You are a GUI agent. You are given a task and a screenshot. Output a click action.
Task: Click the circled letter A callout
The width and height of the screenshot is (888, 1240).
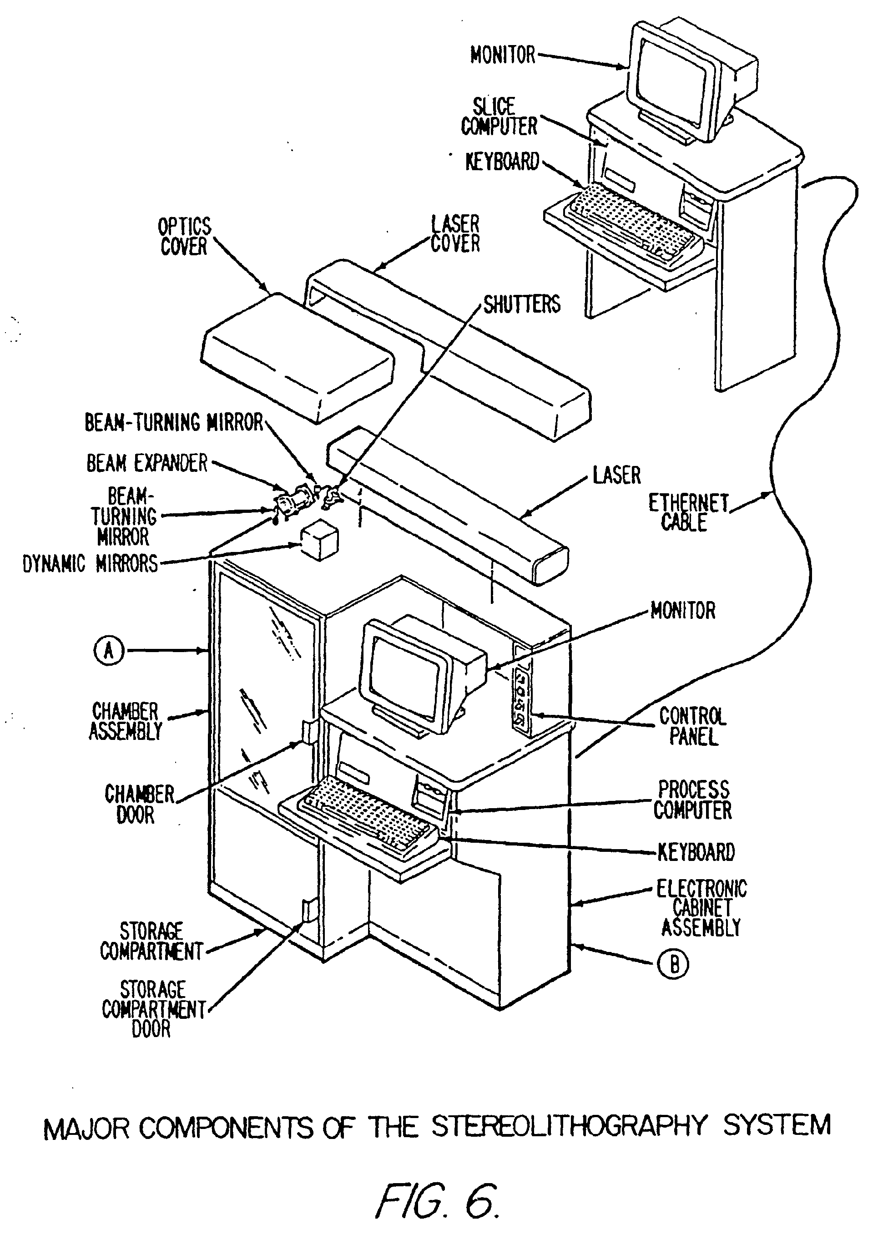coord(109,651)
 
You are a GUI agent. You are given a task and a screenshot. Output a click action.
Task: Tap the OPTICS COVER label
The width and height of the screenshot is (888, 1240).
coord(184,237)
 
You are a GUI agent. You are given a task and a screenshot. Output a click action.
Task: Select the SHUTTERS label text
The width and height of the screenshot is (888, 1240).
coord(522,304)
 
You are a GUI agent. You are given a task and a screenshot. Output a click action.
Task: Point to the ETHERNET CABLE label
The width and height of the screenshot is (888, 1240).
coord(688,512)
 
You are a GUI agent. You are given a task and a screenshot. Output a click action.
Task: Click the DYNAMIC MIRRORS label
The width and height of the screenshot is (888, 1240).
coord(90,564)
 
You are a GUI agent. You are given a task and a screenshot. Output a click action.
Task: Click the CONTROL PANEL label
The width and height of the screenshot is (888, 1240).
coord(692,726)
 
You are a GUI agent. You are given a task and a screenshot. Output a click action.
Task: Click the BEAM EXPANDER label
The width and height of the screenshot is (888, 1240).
coord(147,463)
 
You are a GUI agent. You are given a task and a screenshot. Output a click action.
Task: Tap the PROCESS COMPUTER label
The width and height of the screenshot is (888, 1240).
coord(692,800)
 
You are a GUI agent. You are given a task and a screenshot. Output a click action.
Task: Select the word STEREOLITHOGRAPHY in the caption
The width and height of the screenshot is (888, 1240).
coord(569,1126)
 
